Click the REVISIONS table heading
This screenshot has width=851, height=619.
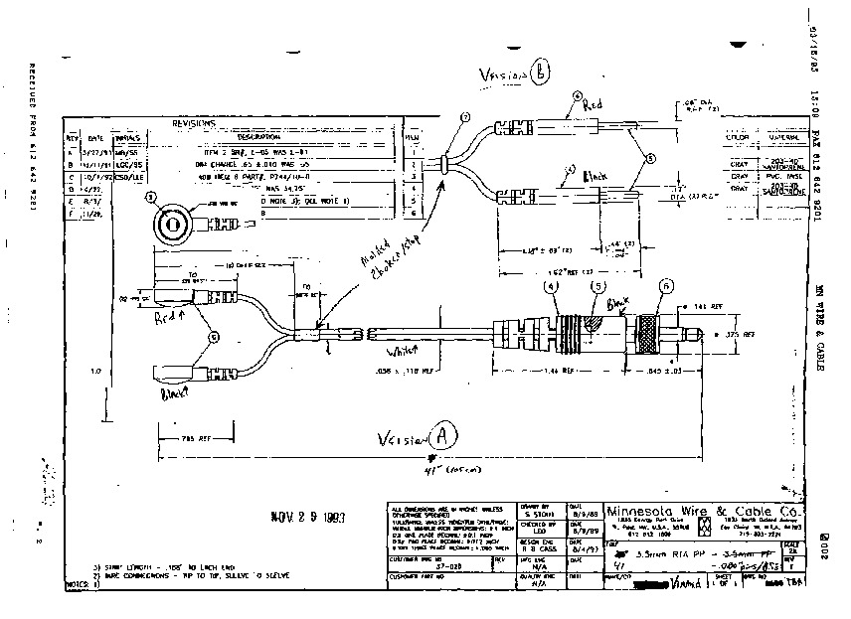pyautogui.click(x=194, y=123)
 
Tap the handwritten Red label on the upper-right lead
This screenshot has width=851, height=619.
pyautogui.click(x=594, y=102)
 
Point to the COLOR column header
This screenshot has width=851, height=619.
pyautogui.click(x=737, y=136)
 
